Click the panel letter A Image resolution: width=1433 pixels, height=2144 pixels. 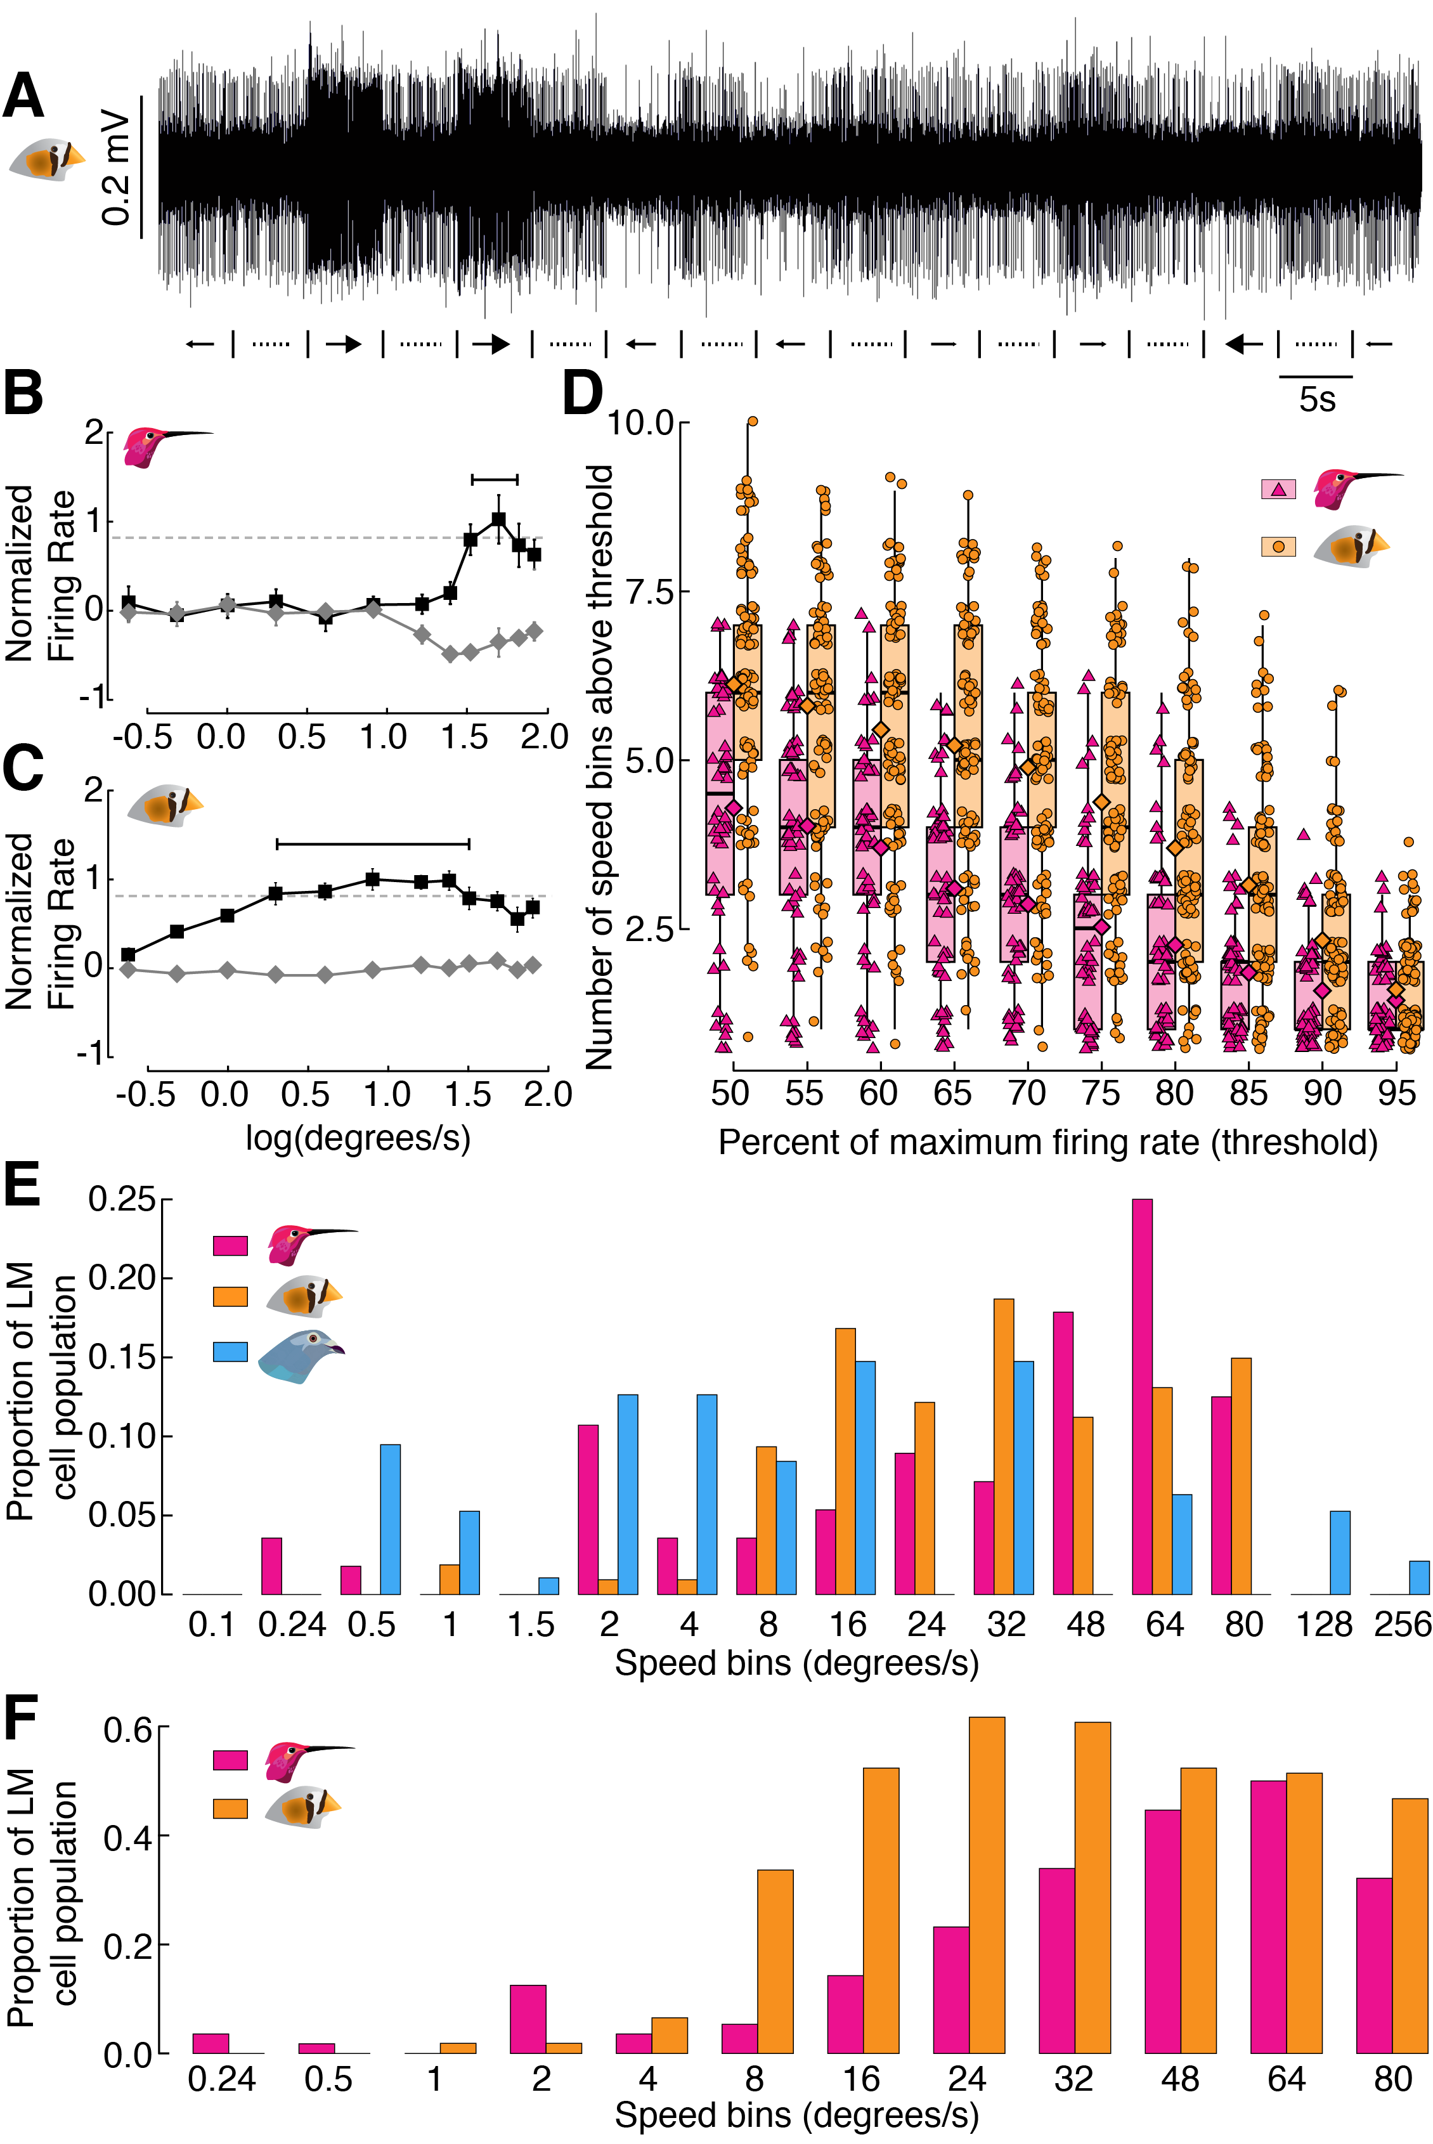pyautogui.click(x=23, y=96)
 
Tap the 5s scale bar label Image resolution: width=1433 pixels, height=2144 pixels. pyautogui.click(x=1317, y=400)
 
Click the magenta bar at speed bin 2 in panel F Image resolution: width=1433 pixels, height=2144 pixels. pyautogui.click(x=528, y=2020)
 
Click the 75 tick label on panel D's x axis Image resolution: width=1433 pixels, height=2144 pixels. pyautogui.click(x=1100, y=1093)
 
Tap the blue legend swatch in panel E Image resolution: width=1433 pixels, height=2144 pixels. pyautogui.click(x=230, y=1352)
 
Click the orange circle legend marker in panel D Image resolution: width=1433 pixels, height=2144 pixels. pyautogui.click(x=1278, y=547)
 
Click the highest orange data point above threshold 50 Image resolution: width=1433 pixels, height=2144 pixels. pyautogui.click(x=752, y=421)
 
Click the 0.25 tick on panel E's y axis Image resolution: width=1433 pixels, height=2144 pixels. pyautogui.click(x=122, y=1199)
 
